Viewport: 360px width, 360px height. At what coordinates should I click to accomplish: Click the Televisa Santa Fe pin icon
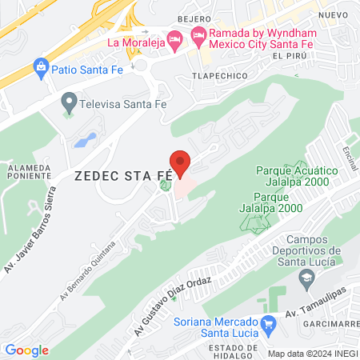point(68,102)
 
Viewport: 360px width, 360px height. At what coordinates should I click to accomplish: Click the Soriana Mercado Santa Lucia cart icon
point(269,326)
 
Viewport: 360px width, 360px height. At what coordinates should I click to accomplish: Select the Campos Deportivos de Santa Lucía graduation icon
point(305,278)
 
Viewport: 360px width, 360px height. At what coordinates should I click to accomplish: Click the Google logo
point(26,350)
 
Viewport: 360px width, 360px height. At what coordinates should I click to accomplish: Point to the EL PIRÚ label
point(290,55)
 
